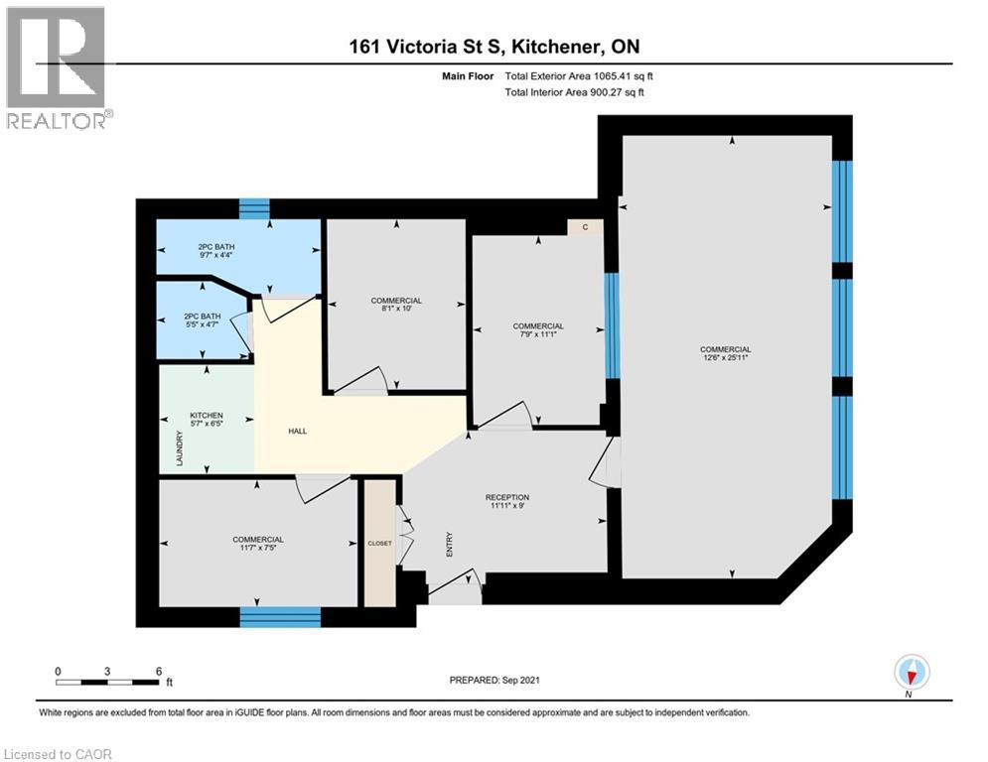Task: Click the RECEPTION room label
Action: click(506, 497)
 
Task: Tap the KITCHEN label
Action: click(207, 416)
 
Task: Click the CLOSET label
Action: click(379, 543)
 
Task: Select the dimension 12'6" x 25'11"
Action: click(725, 359)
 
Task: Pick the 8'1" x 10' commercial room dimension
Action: click(396, 310)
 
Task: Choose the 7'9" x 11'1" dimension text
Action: click(537, 335)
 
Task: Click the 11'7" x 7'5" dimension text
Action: click(258, 549)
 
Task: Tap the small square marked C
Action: click(586, 227)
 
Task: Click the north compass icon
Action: click(911, 672)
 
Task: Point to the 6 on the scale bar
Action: click(159, 671)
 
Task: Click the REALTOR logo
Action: click(58, 67)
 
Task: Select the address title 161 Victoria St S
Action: click(494, 48)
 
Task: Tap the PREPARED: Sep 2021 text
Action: click(494, 681)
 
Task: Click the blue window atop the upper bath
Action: click(255, 207)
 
